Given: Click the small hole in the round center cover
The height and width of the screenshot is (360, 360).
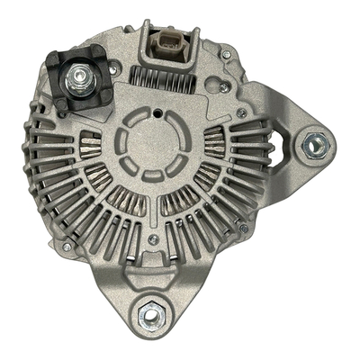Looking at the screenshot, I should click(x=159, y=113).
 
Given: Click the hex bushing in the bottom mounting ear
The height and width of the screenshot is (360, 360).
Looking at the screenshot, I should click(x=152, y=315).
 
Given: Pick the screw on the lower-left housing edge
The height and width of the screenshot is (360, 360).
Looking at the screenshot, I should click(x=67, y=246).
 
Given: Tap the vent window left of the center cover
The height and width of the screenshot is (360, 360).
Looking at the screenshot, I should click(x=89, y=142).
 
